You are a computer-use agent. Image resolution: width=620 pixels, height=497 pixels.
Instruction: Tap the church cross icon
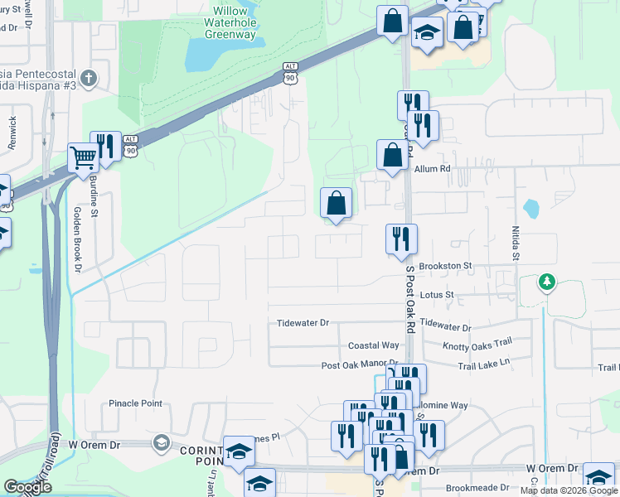point(89,80)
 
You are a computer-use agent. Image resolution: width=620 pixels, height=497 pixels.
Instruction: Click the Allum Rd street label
point(432,169)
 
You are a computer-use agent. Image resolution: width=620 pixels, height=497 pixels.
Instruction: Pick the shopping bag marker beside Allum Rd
point(392,155)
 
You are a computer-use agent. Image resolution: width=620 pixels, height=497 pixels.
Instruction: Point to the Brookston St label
point(445,266)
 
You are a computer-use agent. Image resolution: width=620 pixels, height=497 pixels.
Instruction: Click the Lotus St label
point(438,294)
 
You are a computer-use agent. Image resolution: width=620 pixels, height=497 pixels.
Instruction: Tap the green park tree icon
point(545,283)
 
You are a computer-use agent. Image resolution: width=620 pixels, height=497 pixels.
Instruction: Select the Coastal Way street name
point(374,345)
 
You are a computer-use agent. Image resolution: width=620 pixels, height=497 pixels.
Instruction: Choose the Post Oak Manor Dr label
point(360,364)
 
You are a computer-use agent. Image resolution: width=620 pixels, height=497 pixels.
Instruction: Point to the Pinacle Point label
point(135,403)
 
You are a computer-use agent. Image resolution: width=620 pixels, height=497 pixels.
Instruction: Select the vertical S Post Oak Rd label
point(409,298)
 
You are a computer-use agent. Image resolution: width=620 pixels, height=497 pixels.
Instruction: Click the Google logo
point(27,487)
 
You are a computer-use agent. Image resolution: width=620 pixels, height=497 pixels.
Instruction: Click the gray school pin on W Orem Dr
point(161,444)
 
